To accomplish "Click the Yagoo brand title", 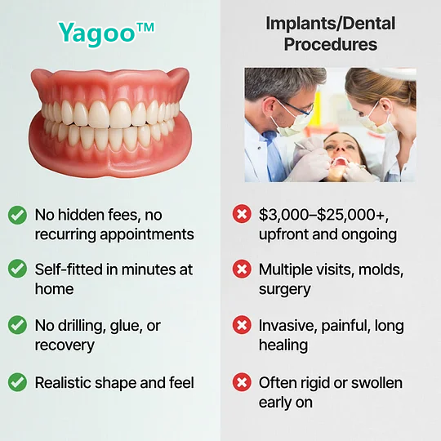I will click(106, 32).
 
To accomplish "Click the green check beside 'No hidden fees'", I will click(16, 215).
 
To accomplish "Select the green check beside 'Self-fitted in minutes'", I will click(16, 269).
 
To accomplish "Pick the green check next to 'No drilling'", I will click(16, 325).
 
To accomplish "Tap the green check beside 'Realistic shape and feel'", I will click(16, 381).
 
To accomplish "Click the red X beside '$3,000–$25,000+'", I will click(242, 215).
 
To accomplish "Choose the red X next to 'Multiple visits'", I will click(242, 269).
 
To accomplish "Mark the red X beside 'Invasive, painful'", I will click(242, 325).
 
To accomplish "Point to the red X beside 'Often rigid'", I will click(242, 381).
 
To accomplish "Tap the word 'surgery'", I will click(284, 289).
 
